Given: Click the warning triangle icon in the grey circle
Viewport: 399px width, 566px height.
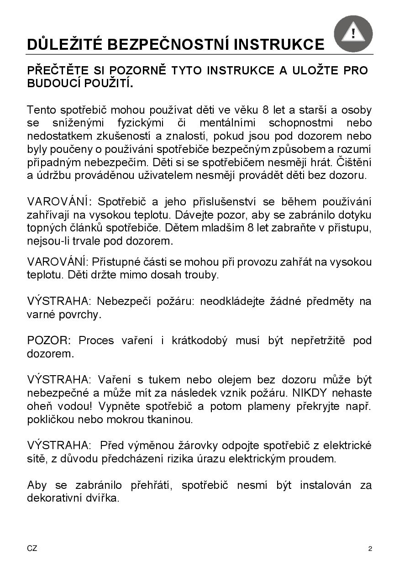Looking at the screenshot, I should pos(353,33).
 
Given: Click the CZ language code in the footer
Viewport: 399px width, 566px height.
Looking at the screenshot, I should pos(32,548).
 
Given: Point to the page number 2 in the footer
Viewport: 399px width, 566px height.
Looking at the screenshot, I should pos(370,549).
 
